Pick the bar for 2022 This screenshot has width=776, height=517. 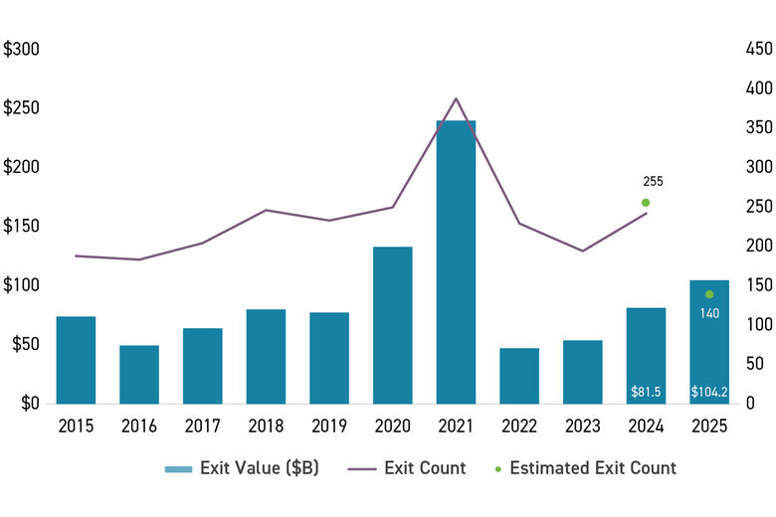(519, 375)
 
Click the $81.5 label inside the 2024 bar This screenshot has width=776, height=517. (646, 392)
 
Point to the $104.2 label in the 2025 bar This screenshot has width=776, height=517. (709, 392)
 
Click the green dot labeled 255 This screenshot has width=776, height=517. (646, 203)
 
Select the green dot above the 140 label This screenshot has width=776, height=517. (709, 294)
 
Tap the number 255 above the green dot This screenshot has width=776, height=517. (653, 182)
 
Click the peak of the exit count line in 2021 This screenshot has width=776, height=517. (456, 98)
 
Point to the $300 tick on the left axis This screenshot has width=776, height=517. (22, 49)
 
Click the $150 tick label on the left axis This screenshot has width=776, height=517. (22, 226)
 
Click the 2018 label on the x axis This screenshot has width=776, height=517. (266, 427)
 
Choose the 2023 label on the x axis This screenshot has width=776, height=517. (582, 427)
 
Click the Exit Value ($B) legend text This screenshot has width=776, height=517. (259, 468)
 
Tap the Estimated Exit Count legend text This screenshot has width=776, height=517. (592, 468)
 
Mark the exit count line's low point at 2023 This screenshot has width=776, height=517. (582, 251)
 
